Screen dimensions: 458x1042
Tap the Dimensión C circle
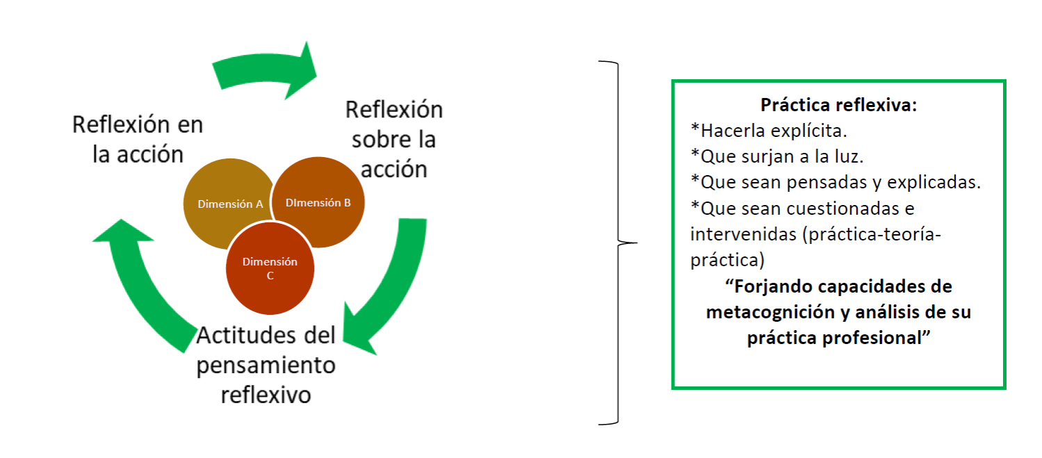point(270,270)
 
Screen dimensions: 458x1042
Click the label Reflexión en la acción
point(138,139)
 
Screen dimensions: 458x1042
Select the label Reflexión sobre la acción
point(394,139)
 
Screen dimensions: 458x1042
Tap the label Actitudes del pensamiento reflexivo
point(266,365)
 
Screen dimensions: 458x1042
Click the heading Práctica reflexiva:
point(838,105)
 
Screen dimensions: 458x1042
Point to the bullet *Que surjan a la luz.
point(776,156)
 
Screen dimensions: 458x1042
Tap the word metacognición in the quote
point(768,312)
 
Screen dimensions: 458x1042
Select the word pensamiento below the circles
point(266,366)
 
